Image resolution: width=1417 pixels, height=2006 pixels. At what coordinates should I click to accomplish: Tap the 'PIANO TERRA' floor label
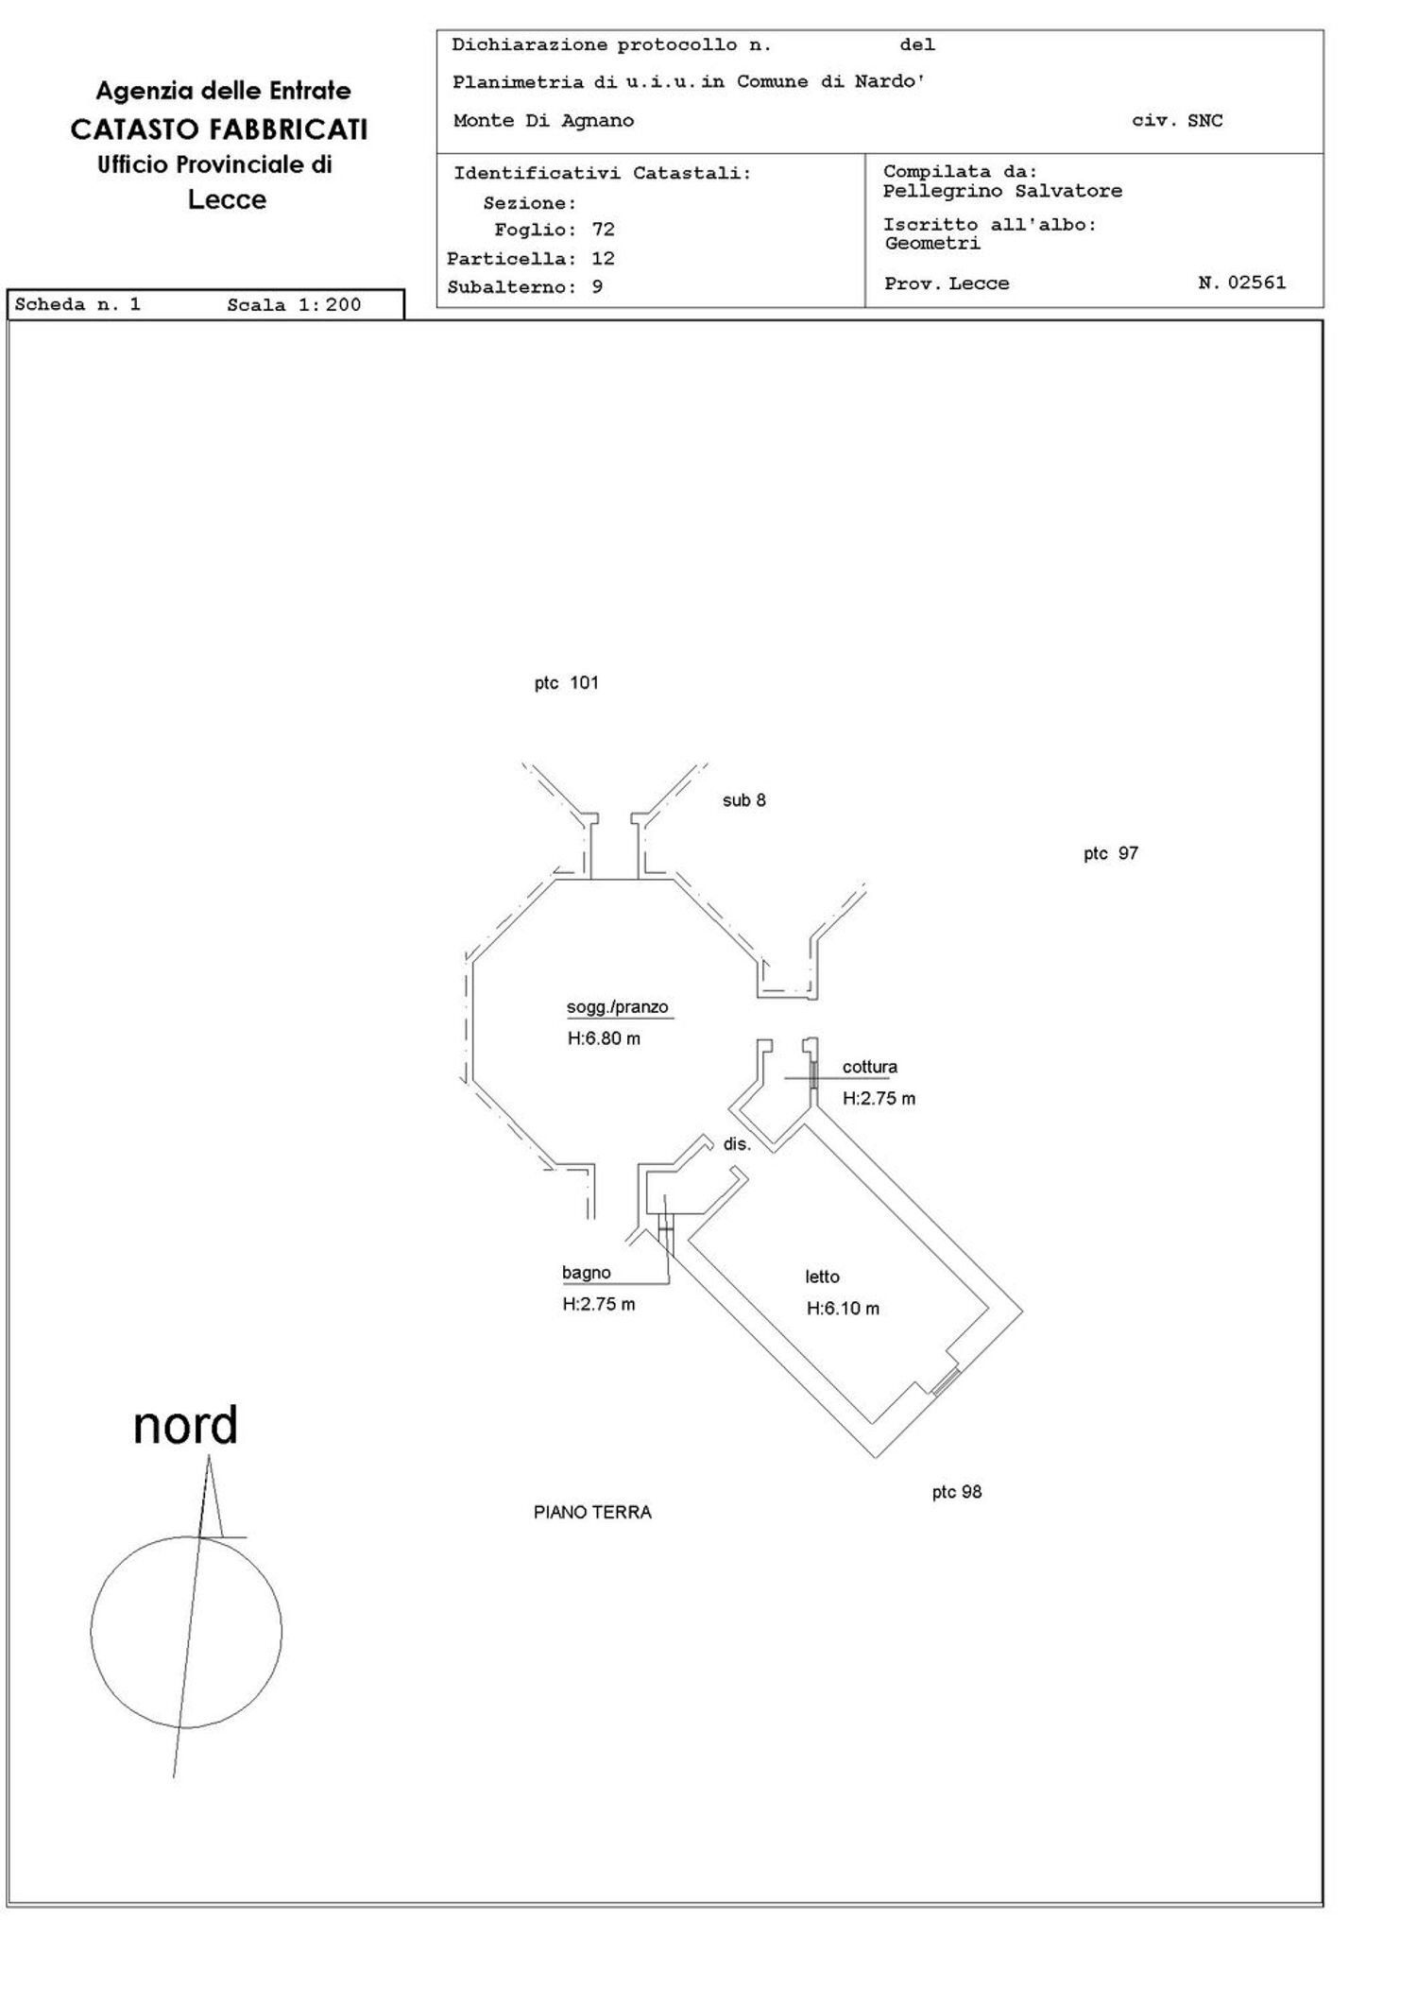click(x=592, y=1512)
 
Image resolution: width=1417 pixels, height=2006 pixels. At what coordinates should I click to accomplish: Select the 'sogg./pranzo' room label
click(x=617, y=1007)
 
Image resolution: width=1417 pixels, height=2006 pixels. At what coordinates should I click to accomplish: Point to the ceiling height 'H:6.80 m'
click(x=604, y=1038)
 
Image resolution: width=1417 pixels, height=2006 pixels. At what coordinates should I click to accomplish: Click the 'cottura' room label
click(x=870, y=1067)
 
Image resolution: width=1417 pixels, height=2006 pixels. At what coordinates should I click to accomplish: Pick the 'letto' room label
click(x=822, y=1277)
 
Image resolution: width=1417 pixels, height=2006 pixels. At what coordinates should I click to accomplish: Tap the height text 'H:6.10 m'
click(x=843, y=1309)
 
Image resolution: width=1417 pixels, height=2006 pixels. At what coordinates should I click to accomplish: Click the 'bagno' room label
click(x=587, y=1273)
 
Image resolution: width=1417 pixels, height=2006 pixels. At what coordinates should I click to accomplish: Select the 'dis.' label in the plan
click(x=737, y=1144)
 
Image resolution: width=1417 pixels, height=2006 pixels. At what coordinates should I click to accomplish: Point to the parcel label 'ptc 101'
click(x=567, y=683)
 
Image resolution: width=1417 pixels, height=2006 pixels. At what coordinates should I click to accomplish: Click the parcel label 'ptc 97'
click(x=1111, y=853)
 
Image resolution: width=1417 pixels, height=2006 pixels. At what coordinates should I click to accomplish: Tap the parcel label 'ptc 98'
click(x=957, y=1492)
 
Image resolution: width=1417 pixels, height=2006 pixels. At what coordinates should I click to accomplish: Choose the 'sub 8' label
click(x=744, y=800)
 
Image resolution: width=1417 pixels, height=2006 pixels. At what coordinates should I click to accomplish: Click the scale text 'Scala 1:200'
click(x=294, y=304)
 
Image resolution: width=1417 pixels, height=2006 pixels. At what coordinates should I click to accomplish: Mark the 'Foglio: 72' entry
click(x=555, y=230)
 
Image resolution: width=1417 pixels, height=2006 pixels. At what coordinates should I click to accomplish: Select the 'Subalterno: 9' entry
click(x=524, y=286)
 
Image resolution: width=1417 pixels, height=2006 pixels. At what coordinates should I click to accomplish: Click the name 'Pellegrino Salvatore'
click(x=1002, y=191)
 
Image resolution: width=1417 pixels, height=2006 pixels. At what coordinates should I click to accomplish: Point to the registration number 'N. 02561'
click(x=1241, y=283)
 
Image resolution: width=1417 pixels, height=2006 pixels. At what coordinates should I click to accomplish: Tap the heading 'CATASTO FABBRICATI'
click(x=219, y=129)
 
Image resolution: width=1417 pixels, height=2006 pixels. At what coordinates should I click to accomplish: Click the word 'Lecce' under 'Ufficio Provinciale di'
click(x=227, y=199)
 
